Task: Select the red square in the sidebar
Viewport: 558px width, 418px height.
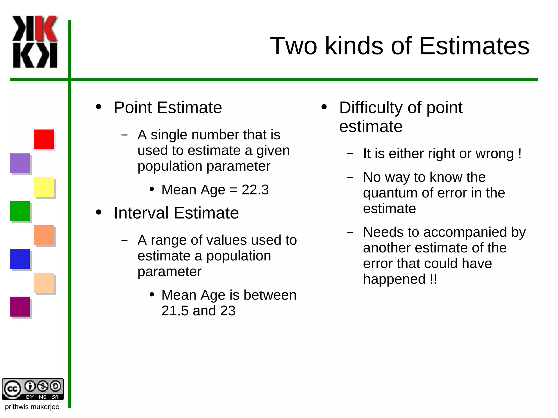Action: (44, 139)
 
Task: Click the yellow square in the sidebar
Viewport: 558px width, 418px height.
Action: (44, 187)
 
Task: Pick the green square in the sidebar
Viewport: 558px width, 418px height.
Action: (20, 211)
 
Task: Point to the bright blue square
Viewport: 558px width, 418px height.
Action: (20, 259)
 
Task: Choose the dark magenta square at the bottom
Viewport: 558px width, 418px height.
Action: (20, 307)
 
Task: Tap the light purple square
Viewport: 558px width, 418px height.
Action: (20, 163)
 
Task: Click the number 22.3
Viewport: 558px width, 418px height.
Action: (255, 190)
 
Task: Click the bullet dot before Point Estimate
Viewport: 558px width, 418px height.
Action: (99, 107)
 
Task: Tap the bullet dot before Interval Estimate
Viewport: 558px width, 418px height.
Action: (99, 212)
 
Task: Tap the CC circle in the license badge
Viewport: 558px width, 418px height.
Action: (12, 389)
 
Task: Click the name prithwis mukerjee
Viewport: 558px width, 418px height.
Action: (32, 407)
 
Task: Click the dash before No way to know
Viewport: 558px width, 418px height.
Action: (350, 178)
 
